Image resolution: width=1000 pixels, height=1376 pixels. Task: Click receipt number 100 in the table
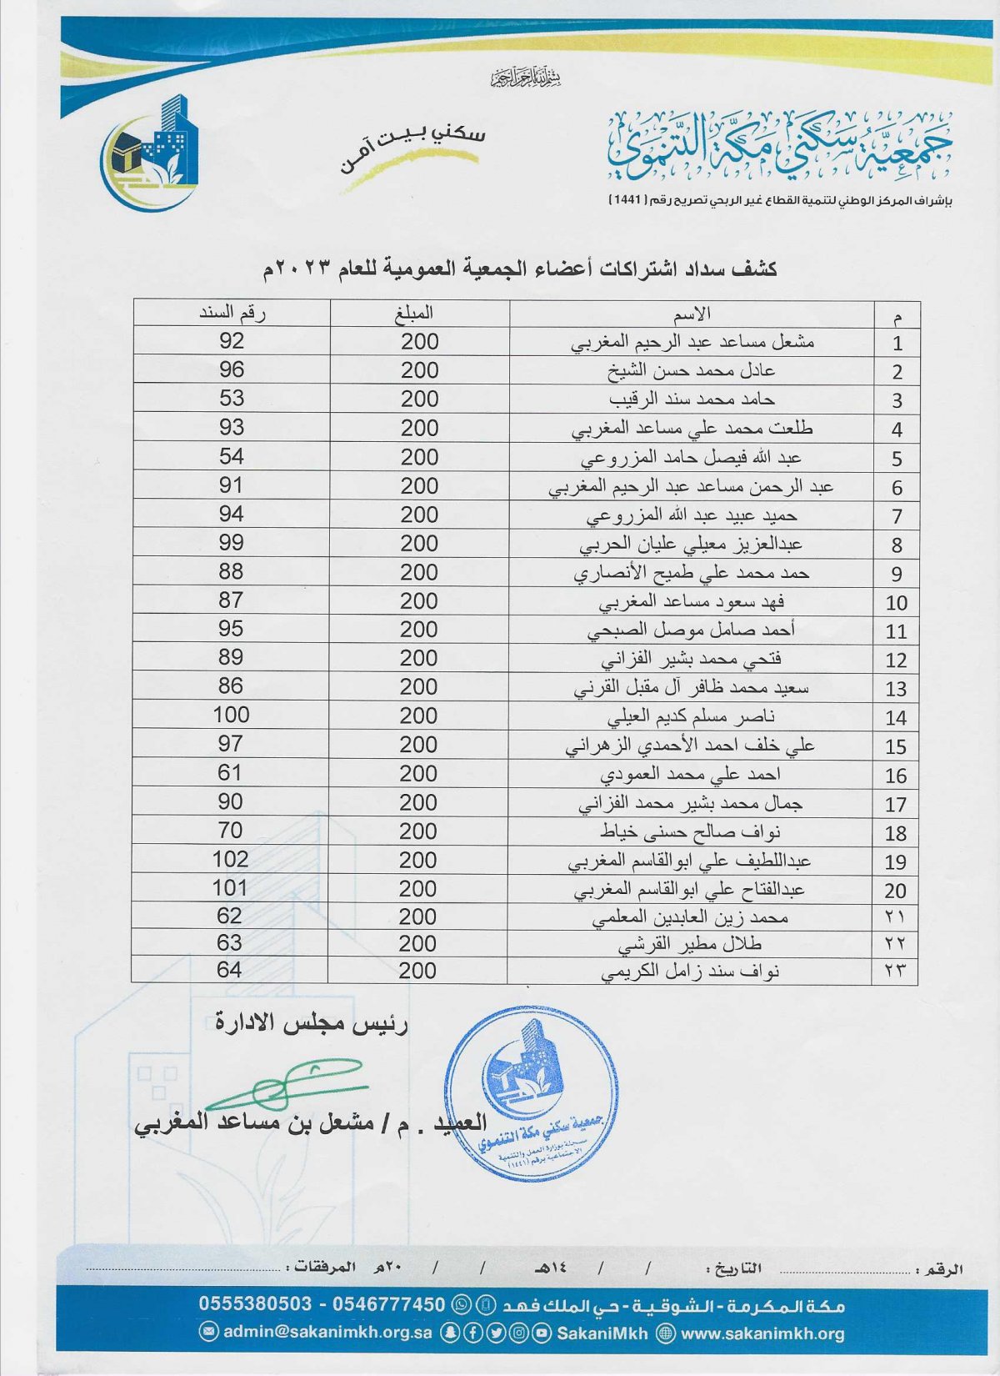pos(231,715)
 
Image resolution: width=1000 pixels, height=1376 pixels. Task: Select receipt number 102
pos(231,859)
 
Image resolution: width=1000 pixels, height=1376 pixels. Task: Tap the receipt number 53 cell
pos(232,399)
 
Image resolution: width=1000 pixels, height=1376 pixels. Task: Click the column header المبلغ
pos(414,314)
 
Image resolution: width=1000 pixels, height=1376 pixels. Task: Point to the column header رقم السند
pos(232,314)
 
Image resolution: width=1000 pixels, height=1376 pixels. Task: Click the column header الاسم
pos(692,314)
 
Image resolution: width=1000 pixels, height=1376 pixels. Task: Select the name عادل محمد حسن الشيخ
pos(691,370)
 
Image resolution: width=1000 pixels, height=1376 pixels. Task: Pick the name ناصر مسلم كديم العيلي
pos(691,716)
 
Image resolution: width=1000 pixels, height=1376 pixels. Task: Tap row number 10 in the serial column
pos(896,603)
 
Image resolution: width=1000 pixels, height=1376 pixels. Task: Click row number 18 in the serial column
pos(896,833)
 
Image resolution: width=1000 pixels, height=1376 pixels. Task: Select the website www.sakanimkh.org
pos(762,1333)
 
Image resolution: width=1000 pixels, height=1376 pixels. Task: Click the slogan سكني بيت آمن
pos(412,150)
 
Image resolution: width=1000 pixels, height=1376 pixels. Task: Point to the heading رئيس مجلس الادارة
pos(312,1023)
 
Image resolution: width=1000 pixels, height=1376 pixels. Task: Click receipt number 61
pos(230,772)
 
